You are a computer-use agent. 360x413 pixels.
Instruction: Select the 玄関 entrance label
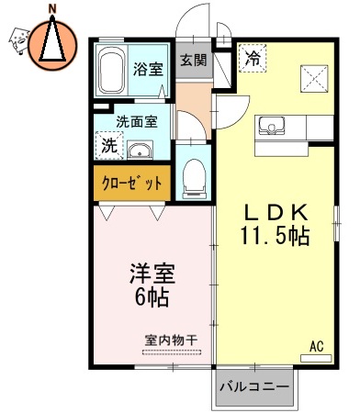(192, 61)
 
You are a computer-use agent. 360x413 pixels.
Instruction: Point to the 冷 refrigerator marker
(251, 59)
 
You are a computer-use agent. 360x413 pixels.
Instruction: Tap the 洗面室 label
(135, 120)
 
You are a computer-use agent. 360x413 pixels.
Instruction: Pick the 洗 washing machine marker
(109, 144)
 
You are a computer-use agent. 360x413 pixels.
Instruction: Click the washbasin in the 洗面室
(141, 151)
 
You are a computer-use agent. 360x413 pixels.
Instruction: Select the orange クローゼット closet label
(131, 183)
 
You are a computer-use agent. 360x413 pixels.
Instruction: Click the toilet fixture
(194, 177)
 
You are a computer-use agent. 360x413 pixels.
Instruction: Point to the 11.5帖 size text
(275, 235)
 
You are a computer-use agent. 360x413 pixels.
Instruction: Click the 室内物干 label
(171, 340)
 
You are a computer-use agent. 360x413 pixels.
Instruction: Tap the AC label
(316, 347)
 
